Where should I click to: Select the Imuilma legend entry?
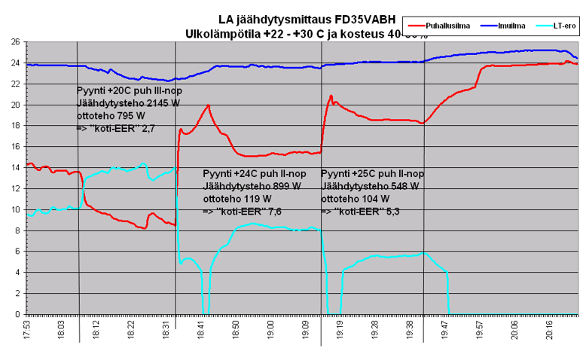(x=511, y=26)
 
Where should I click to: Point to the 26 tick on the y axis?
(x=14, y=42)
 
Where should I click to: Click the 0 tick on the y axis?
(x=17, y=314)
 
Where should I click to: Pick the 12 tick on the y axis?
(x=14, y=188)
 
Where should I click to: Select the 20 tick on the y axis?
(x=14, y=105)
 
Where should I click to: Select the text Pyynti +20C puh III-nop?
(x=130, y=91)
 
